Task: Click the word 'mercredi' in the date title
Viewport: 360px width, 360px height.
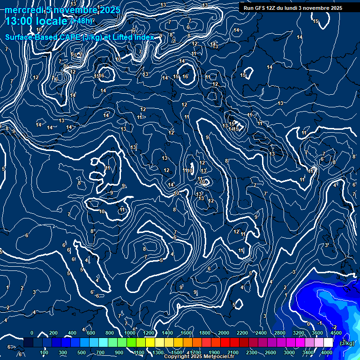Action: click(24, 10)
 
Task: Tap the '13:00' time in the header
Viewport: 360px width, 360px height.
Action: click(19, 21)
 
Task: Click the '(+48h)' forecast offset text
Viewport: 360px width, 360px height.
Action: click(82, 21)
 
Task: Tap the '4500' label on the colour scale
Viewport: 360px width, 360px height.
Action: click(336, 333)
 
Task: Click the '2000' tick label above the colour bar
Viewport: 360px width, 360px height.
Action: click(224, 333)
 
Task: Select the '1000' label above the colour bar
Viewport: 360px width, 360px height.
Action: click(130, 333)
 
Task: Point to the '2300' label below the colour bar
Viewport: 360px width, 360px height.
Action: click(252, 352)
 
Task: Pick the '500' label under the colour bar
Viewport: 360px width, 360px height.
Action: click(82, 352)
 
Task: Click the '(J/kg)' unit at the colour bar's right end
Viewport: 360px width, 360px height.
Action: click(347, 343)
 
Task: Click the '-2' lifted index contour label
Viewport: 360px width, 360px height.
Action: click(334, 327)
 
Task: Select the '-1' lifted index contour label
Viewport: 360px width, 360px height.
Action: click(319, 323)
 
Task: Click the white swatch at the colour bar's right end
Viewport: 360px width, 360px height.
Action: click(328, 343)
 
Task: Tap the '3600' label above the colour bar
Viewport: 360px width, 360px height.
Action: click(317, 333)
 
